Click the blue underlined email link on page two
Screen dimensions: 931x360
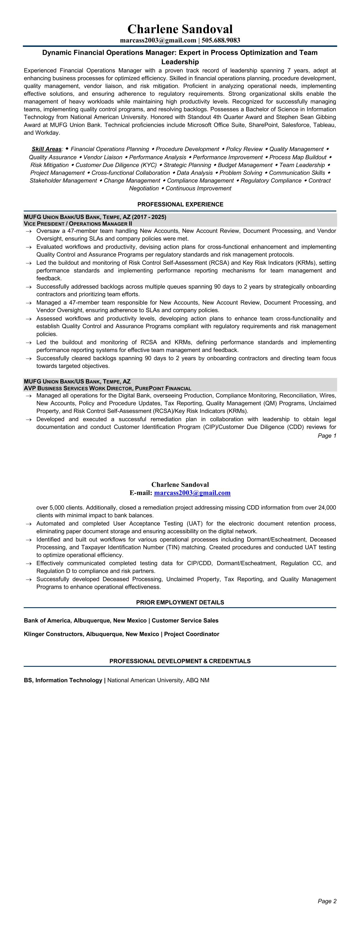click(x=192, y=493)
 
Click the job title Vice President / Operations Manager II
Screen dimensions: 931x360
click(x=78, y=224)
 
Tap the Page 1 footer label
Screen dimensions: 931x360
click(x=327, y=436)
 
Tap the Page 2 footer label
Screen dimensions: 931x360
click(x=327, y=901)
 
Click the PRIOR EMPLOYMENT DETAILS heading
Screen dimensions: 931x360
click(x=180, y=602)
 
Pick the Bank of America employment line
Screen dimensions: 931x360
click(x=121, y=620)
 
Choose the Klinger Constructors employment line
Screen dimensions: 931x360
click(x=121, y=634)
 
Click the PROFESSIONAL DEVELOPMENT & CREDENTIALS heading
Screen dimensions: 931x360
click(x=180, y=661)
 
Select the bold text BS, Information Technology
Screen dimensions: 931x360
click(x=63, y=680)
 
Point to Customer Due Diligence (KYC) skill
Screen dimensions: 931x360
click(x=116, y=165)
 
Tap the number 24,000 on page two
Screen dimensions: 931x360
click(x=327, y=508)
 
